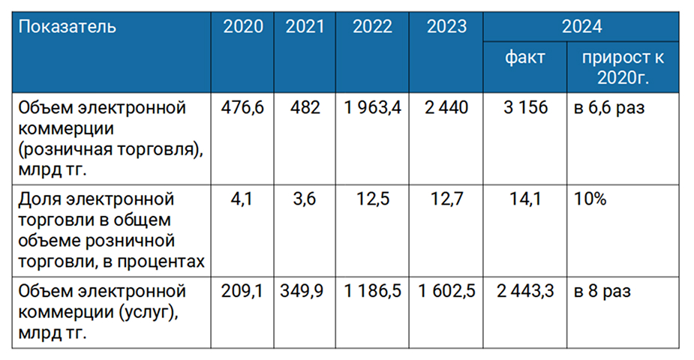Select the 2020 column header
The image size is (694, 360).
(x=243, y=26)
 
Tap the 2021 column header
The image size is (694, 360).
(x=305, y=26)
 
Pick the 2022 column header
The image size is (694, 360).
(x=372, y=26)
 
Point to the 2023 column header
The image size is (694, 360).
(x=446, y=26)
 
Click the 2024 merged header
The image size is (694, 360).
(x=581, y=26)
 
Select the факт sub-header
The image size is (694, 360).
(x=525, y=58)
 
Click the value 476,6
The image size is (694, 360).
(x=242, y=108)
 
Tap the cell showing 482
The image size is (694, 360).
(x=305, y=107)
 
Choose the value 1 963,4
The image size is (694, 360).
(x=372, y=108)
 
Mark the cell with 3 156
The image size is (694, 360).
(x=525, y=107)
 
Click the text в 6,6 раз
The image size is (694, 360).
(x=609, y=108)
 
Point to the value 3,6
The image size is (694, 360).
(x=305, y=199)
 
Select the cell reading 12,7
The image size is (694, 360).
(x=446, y=199)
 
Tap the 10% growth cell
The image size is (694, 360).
(x=590, y=199)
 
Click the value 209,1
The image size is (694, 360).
(x=242, y=292)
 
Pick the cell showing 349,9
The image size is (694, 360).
(x=302, y=292)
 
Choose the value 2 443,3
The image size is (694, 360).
(x=525, y=292)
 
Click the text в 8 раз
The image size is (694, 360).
(x=602, y=292)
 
